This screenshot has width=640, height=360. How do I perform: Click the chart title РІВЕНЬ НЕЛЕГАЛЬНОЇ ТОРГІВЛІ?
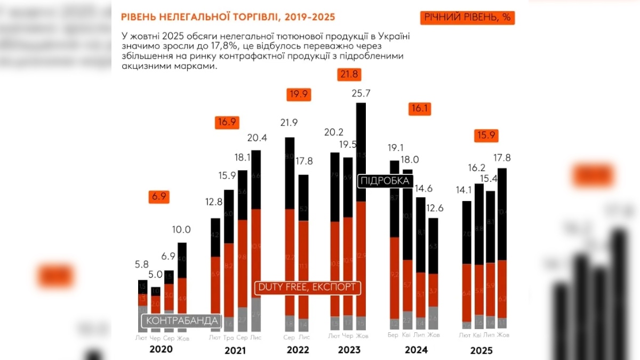(x=228, y=17)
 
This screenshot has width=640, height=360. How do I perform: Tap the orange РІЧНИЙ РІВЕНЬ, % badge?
(x=468, y=18)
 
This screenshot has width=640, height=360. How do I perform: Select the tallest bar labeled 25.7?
(x=361, y=213)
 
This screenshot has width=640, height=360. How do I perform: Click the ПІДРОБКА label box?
(x=385, y=181)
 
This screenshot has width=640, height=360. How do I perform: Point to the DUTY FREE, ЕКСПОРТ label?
(x=307, y=287)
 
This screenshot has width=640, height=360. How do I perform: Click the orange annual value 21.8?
(x=350, y=74)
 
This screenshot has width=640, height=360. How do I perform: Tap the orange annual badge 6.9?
(x=159, y=196)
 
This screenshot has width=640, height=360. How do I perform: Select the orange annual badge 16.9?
(x=226, y=122)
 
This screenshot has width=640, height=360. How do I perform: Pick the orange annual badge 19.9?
(x=299, y=94)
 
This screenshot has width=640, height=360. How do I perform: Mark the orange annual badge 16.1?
(x=420, y=109)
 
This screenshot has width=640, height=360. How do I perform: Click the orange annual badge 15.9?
(x=486, y=135)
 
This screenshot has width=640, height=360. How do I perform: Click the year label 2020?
(x=161, y=349)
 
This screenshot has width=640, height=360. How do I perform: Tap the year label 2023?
(x=349, y=350)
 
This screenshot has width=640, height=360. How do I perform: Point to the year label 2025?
(x=482, y=350)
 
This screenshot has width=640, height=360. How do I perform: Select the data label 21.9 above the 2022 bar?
(x=289, y=123)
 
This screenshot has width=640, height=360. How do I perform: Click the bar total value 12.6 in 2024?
(x=434, y=207)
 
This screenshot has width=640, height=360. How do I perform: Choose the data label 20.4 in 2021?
(x=257, y=138)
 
